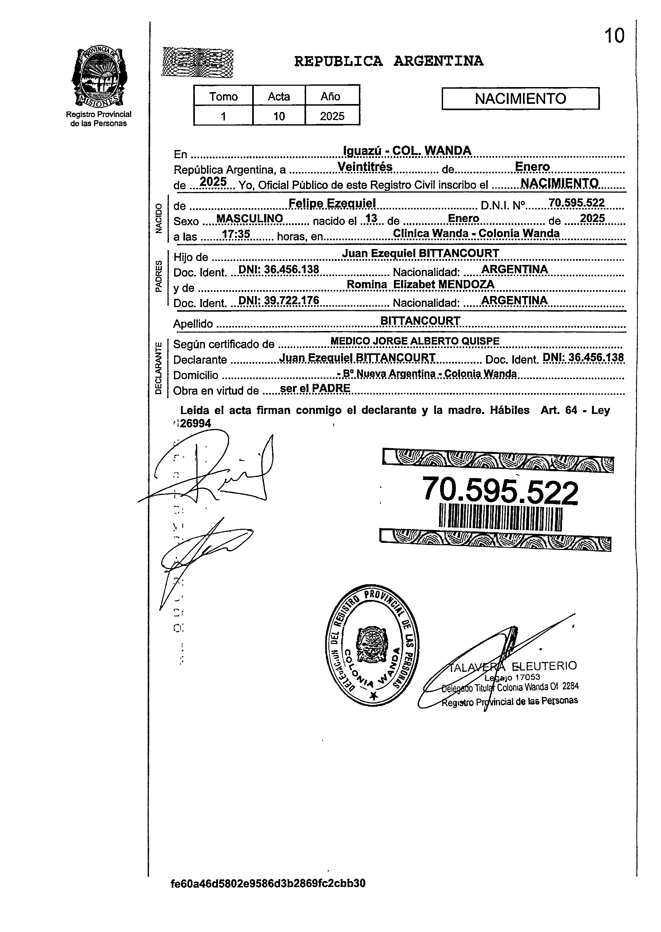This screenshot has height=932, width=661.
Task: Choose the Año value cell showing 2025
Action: click(332, 116)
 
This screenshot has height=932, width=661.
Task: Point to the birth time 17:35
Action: click(236, 234)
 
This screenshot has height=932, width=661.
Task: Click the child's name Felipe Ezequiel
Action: click(332, 203)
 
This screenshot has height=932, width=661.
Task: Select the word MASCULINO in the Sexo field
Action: click(250, 218)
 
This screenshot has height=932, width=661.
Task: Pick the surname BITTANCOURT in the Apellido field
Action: click(420, 321)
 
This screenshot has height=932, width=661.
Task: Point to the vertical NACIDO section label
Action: click(159, 218)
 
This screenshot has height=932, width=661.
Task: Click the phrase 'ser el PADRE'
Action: click(315, 388)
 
